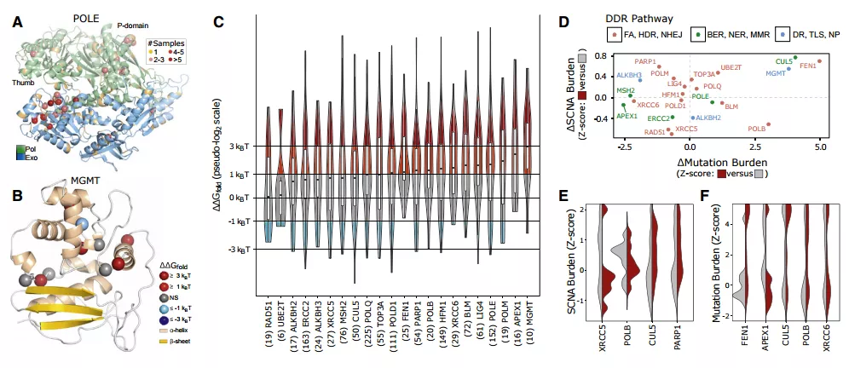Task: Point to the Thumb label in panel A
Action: tap(23, 83)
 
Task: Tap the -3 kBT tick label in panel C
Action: tap(234, 250)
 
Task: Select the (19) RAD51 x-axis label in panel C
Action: tap(269, 319)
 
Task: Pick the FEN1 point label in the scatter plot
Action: tap(808, 66)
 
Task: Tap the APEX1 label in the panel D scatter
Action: tap(627, 116)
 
